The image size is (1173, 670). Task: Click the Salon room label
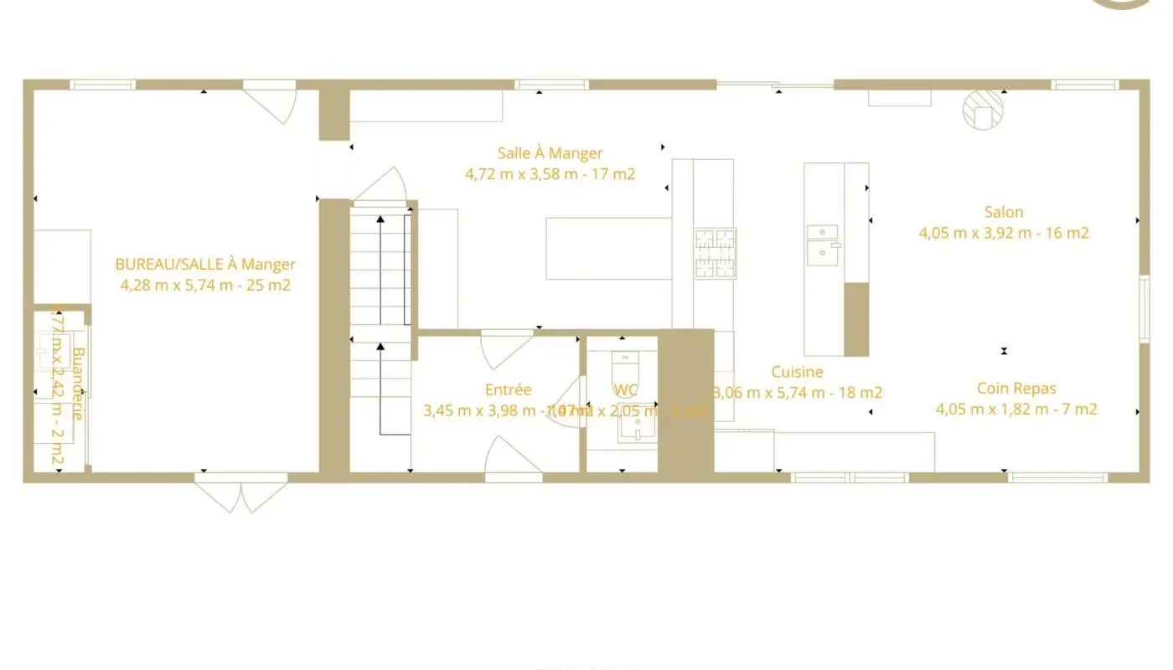[1004, 213]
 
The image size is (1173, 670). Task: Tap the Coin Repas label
[1016, 389]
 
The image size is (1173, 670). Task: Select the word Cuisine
[797, 372]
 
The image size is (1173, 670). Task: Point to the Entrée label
[508, 390]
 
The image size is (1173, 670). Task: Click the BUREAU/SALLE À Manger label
[205, 265]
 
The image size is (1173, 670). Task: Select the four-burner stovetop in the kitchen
[715, 253]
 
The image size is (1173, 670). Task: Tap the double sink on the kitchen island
[823, 242]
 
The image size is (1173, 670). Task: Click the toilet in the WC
[625, 368]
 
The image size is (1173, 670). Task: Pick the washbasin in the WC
[637, 428]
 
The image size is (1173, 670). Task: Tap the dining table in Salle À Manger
[608, 248]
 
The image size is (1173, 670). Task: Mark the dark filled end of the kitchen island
[855, 319]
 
